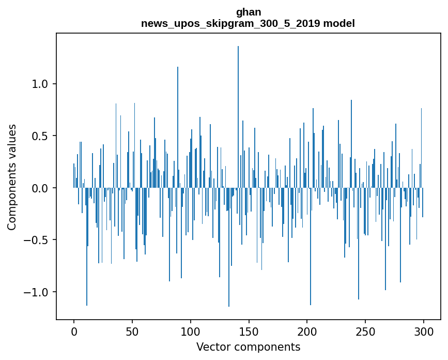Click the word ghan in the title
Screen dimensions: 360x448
(x=249, y=12)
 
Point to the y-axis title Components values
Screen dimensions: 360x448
(x=12, y=177)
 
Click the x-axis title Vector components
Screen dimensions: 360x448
(x=248, y=347)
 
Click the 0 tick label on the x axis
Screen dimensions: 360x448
(x=74, y=331)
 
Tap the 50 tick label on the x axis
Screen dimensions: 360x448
(x=132, y=331)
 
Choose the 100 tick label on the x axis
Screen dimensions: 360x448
(x=191, y=331)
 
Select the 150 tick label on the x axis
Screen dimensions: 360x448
(x=249, y=331)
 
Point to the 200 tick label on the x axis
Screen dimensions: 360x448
(x=307, y=331)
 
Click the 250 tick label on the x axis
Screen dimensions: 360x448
(x=365, y=331)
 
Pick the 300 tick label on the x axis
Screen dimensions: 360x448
(x=424, y=331)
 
